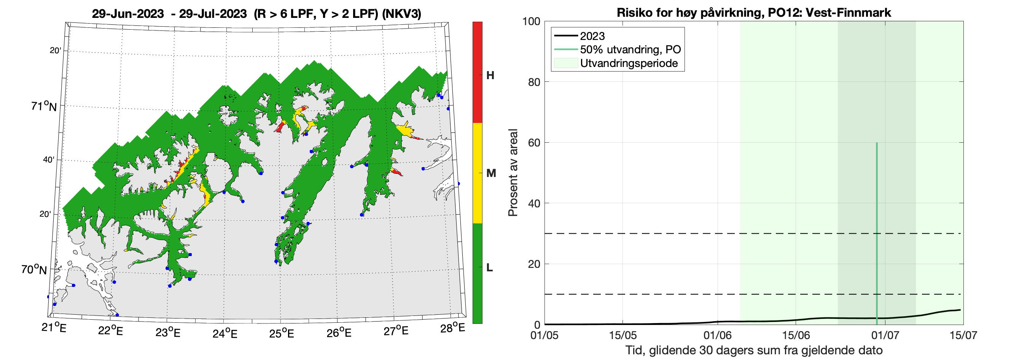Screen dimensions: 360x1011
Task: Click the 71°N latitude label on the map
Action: click(x=44, y=107)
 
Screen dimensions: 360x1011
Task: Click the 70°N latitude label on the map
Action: click(x=34, y=270)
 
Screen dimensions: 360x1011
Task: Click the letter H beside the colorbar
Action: click(x=490, y=75)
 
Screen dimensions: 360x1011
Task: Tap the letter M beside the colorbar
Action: click(x=491, y=173)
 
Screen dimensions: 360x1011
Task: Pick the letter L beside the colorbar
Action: click(x=489, y=268)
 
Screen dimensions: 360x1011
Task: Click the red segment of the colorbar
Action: click(x=477, y=72)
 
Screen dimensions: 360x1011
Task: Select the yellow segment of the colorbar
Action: click(x=477, y=173)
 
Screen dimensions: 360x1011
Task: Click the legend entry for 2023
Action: click(x=592, y=36)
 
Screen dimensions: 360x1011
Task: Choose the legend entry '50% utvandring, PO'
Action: click(x=630, y=49)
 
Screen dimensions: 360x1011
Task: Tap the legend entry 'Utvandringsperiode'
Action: click(x=629, y=63)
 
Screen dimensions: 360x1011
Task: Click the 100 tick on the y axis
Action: click(x=531, y=21)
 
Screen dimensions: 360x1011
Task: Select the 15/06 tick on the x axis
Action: click(x=796, y=335)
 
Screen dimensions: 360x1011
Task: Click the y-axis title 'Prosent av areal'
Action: click(x=513, y=173)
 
